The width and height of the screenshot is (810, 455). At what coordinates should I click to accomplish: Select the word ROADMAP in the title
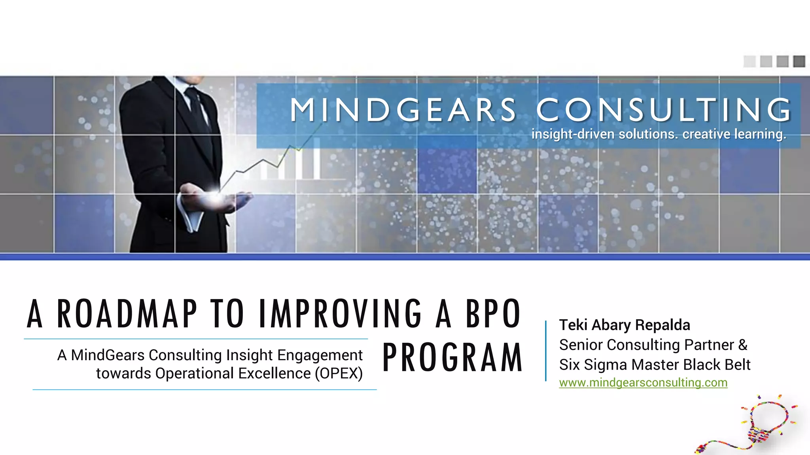click(x=127, y=314)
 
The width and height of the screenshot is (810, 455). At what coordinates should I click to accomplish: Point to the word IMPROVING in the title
click(x=341, y=314)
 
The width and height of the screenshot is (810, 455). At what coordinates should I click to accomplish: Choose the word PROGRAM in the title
click(x=452, y=358)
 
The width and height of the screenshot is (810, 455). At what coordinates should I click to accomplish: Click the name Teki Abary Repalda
click(x=625, y=325)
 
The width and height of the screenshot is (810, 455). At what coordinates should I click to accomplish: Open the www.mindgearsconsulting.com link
click(x=643, y=383)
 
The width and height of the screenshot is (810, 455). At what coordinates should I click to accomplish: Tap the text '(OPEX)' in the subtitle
click(x=339, y=374)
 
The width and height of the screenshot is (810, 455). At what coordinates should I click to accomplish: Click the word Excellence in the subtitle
click(x=273, y=374)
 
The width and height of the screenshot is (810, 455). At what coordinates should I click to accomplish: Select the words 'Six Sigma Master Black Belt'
click(x=655, y=365)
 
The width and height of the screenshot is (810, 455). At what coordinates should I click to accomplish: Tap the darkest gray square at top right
click(x=799, y=61)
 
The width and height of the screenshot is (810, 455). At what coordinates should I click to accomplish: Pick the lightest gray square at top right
click(x=749, y=61)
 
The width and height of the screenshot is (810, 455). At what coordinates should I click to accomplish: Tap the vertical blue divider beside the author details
click(x=546, y=351)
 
